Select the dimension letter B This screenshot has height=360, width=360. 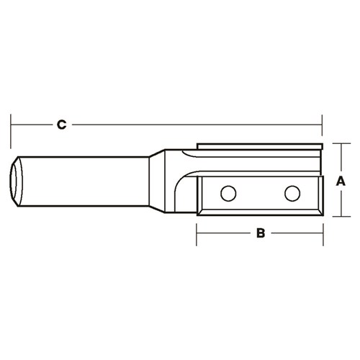click(x=261, y=233)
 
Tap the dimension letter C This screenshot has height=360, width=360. click(x=62, y=125)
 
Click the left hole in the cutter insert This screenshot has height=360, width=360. click(x=228, y=193)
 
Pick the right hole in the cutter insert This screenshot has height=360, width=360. click(x=292, y=193)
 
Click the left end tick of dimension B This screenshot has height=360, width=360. click(x=197, y=233)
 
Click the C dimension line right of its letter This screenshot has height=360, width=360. click(x=194, y=125)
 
